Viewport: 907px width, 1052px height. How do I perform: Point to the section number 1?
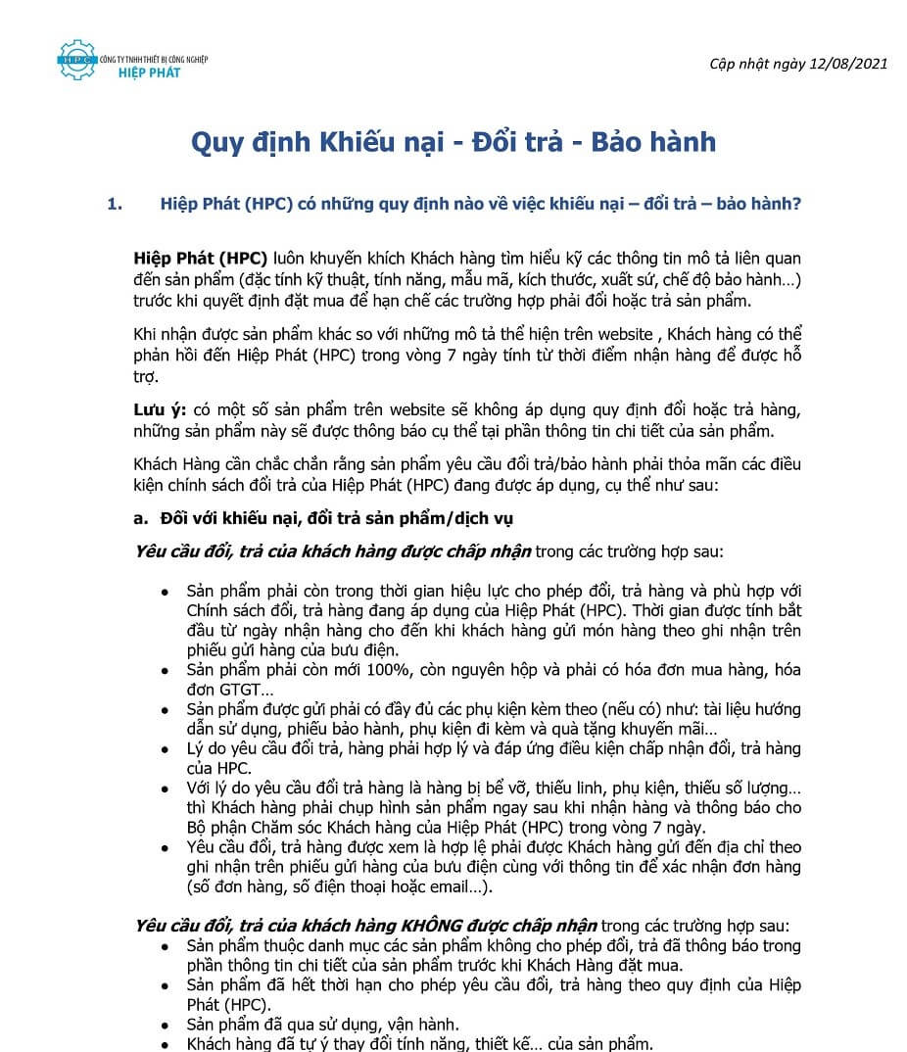(116, 205)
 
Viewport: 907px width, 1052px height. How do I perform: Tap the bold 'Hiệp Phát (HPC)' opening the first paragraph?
(201, 259)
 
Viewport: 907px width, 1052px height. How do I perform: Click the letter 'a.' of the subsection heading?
(140, 518)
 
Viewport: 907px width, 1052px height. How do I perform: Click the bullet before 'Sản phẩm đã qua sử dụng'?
(164, 1026)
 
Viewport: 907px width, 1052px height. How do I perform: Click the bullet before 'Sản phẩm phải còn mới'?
(164, 672)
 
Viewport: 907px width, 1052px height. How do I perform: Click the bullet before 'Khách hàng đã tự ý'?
(164, 1044)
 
